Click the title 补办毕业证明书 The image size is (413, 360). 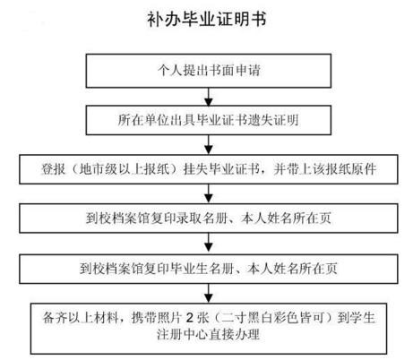(206, 20)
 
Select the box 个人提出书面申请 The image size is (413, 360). (209, 71)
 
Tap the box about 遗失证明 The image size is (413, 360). (209, 120)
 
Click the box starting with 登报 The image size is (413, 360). (209, 169)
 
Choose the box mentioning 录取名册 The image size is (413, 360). (209, 219)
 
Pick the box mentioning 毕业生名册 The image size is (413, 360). (209, 269)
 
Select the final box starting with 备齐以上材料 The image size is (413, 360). (209, 329)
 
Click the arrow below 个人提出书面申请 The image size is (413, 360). (209, 97)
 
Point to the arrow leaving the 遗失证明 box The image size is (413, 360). (209, 145)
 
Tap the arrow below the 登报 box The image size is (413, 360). (209, 193)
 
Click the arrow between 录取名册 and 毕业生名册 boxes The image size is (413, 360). (209, 244)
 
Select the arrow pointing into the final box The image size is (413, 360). (209, 293)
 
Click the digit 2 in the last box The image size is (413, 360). (189, 318)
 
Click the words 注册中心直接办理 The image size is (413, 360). (209, 334)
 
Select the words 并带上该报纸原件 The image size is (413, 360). (324, 169)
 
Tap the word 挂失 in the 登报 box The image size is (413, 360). (195, 169)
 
